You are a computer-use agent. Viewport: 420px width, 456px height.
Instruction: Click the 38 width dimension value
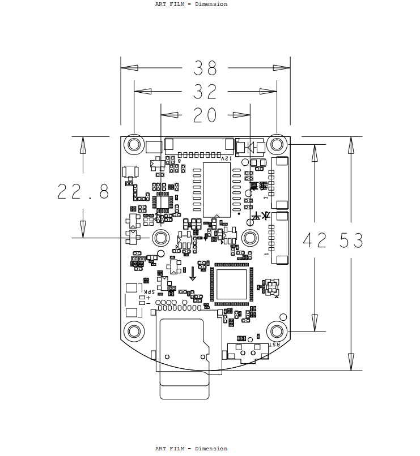point(205,68)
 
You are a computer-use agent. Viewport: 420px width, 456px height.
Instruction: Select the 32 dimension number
point(205,92)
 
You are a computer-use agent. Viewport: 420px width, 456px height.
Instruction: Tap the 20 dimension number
point(205,115)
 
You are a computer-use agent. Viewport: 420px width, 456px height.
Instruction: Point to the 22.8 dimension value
point(83,192)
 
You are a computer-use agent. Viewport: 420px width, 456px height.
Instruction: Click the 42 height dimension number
point(315,241)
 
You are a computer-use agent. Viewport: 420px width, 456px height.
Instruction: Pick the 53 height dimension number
point(351,241)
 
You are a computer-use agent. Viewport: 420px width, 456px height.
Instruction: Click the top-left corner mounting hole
point(134,145)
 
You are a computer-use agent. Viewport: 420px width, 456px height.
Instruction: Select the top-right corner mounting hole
point(277,145)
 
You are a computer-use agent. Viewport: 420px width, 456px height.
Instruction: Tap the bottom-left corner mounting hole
point(134,331)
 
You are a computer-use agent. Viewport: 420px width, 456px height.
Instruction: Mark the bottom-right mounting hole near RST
point(277,331)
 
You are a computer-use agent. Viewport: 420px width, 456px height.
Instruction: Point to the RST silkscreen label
point(273,344)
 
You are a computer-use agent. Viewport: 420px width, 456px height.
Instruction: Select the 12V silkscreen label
point(226,159)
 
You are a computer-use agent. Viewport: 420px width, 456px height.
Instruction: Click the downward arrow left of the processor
point(193,273)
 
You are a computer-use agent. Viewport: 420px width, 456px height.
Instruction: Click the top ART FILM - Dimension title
point(191,4)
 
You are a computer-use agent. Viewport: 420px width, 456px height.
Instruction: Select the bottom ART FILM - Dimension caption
point(191,449)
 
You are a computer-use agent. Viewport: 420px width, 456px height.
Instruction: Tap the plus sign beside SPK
point(148,298)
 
